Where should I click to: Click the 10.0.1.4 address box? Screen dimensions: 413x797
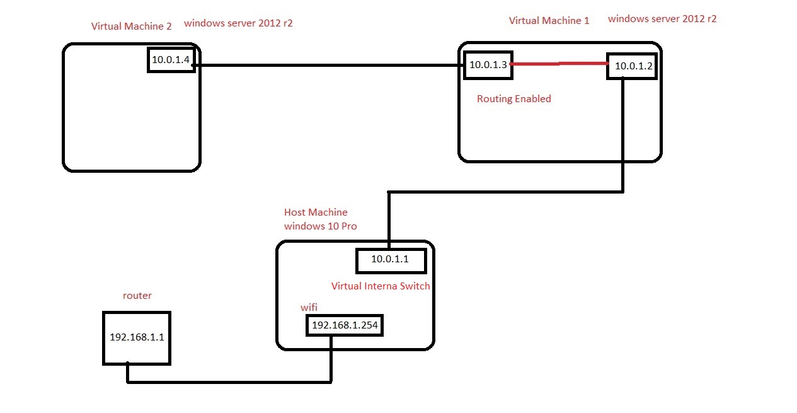pyautogui.click(x=171, y=59)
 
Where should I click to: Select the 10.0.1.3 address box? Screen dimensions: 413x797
pyautogui.click(x=488, y=65)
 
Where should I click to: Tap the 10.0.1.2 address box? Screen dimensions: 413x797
pyautogui.click(x=632, y=66)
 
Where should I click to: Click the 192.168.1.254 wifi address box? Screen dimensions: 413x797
pyautogui.click(x=345, y=325)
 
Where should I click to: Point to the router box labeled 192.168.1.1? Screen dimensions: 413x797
pyautogui.click(x=137, y=337)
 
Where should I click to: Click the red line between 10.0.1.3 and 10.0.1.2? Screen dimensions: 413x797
pyautogui.click(x=559, y=64)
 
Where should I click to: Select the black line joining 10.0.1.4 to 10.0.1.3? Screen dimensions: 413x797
pyautogui.click(x=328, y=65)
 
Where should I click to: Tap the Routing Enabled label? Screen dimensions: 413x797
pyautogui.click(x=513, y=98)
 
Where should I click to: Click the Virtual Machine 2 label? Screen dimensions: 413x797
pyautogui.click(x=131, y=26)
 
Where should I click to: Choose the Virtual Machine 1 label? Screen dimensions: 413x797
pyautogui.click(x=549, y=20)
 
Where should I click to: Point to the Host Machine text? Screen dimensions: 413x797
pyautogui.click(x=316, y=212)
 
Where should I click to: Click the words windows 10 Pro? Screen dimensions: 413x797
pyautogui.click(x=320, y=226)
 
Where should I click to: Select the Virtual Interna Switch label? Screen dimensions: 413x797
pyautogui.click(x=381, y=286)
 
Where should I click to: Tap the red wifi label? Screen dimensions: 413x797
pyautogui.click(x=309, y=307)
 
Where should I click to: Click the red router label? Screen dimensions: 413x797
pyautogui.click(x=137, y=295)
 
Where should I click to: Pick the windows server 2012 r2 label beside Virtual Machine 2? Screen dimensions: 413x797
pyautogui.click(x=238, y=23)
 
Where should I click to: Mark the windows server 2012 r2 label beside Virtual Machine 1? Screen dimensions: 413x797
pyautogui.click(x=662, y=19)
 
